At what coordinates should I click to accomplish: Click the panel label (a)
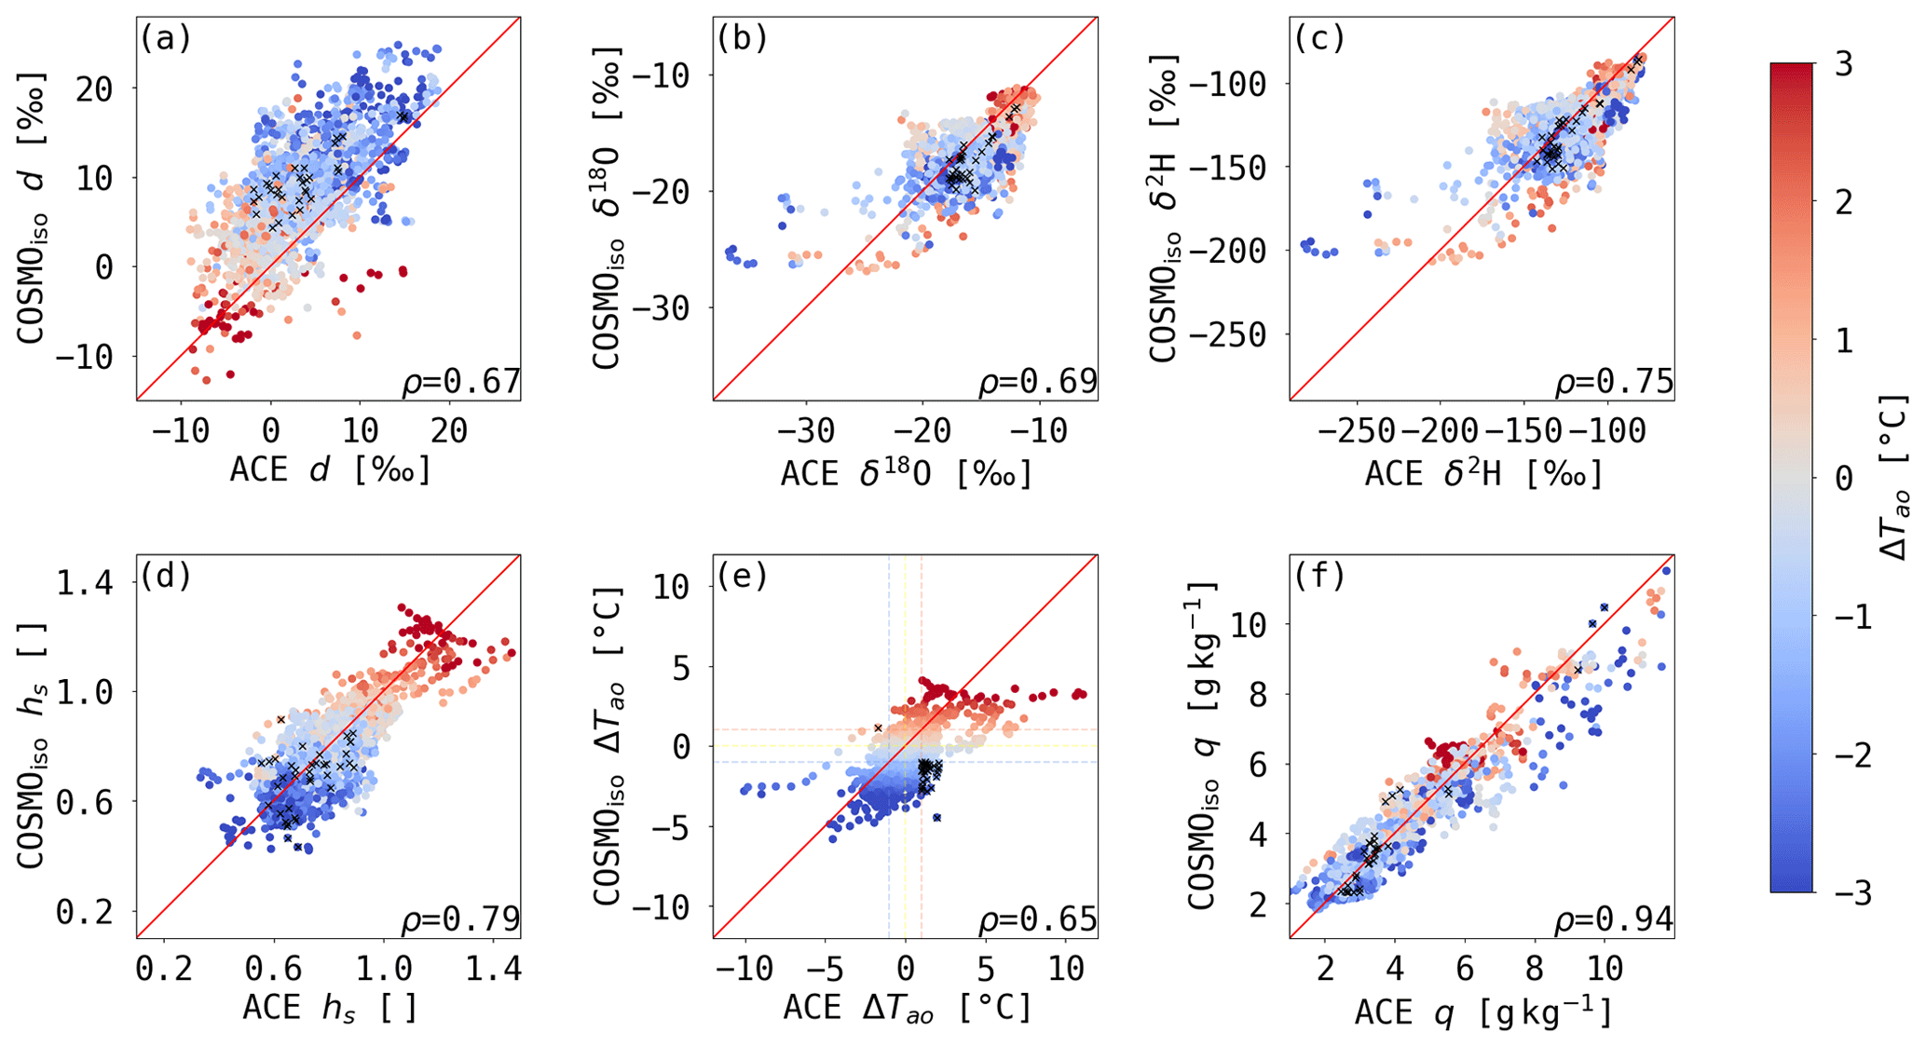pos(165,39)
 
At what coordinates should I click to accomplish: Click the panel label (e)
pos(742,577)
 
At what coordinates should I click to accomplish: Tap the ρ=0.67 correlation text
pos(460,383)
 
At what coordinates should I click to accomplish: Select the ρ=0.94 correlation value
pos(1614,921)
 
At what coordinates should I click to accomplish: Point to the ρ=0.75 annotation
pos(1614,383)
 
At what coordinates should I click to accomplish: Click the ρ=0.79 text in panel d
pos(460,921)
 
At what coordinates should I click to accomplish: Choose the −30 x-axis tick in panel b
pos(805,430)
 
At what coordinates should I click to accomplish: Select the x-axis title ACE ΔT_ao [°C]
pos(907,1008)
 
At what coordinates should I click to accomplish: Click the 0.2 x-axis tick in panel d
pos(165,969)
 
